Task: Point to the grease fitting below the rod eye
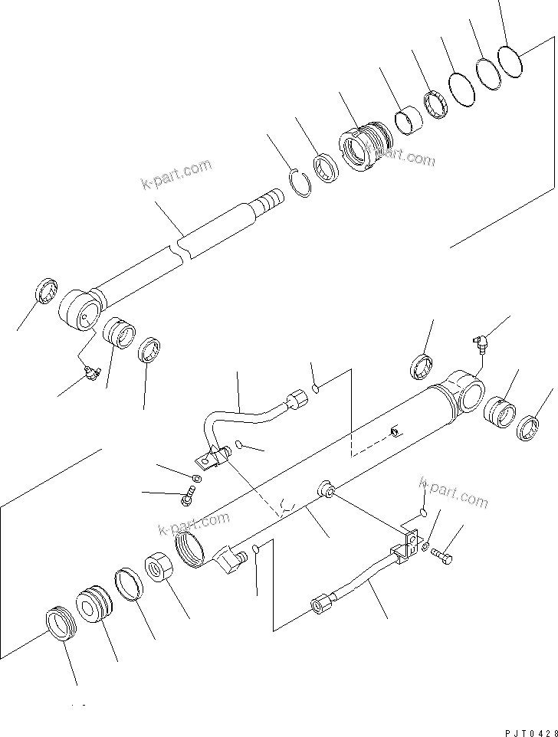[91, 372]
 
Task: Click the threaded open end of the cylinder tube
[189, 550]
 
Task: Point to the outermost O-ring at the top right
[510, 60]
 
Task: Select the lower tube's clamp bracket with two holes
[407, 545]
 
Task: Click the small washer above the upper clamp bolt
[196, 480]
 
